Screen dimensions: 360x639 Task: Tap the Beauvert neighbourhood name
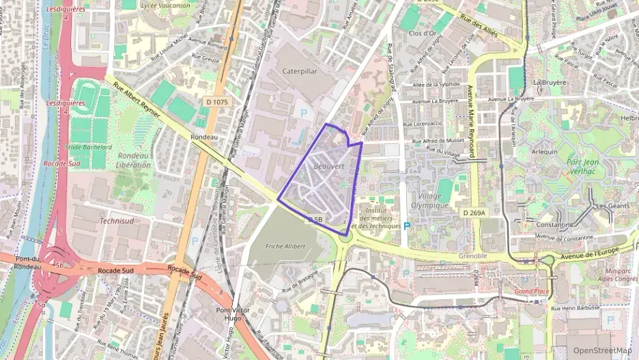tap(329, 166)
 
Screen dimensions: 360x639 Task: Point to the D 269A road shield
tap(474, 213)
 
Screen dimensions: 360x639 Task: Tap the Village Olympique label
tap(429, 199)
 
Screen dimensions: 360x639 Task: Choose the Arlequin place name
tap(545, 152)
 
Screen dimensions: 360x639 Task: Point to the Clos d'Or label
tap(423, 33)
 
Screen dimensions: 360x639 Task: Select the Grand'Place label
tap(532, 292)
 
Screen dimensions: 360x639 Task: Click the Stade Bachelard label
tap(88, 146)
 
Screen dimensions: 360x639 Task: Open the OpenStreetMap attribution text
tap(602, 350)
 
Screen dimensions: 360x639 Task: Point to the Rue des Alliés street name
tap(479, 26)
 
